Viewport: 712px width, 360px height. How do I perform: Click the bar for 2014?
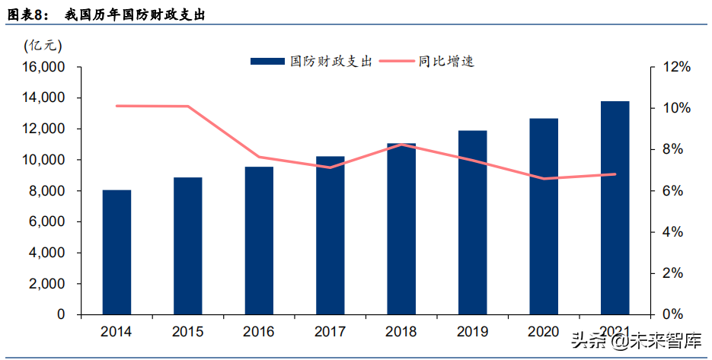coord(117,252)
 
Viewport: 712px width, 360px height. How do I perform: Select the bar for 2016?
coord(259,241)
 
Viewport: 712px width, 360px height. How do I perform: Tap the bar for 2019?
coord(472,222)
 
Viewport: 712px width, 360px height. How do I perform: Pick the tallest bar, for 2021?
coord(615,208)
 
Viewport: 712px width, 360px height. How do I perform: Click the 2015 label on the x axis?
coord(187,332)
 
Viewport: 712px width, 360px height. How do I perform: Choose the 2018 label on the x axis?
coord(401,332)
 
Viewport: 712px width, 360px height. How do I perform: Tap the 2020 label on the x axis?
coord(543,332)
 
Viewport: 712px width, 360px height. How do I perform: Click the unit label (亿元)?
coord(43,45)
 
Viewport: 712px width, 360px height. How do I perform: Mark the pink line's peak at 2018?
coord(401,145)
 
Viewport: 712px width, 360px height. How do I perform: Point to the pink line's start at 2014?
coord(117,106)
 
